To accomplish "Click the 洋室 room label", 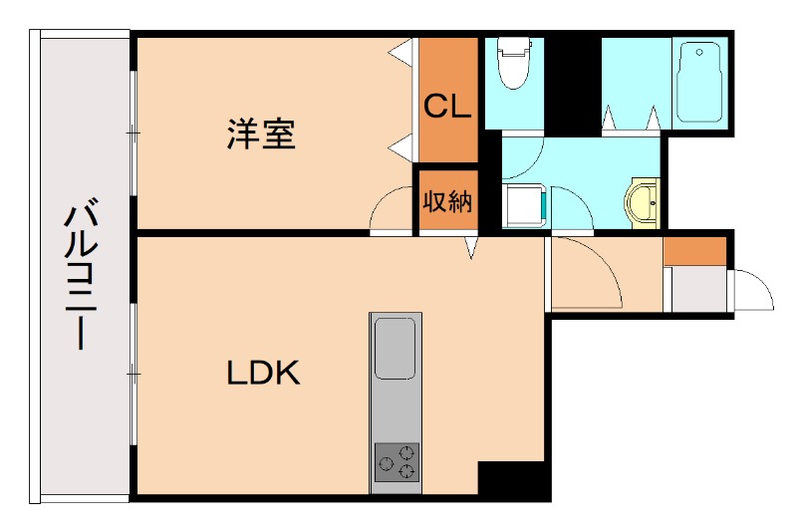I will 261,133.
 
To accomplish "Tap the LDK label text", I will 263,374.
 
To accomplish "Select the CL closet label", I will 447,106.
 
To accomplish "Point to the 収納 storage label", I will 447,202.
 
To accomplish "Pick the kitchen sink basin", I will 396,348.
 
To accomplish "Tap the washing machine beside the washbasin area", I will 522,205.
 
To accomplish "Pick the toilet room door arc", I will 523,158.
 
